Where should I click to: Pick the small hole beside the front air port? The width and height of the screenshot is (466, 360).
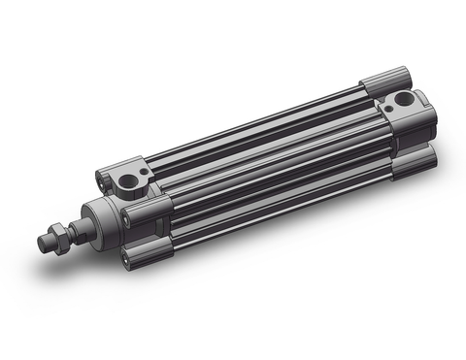point(141,172)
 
